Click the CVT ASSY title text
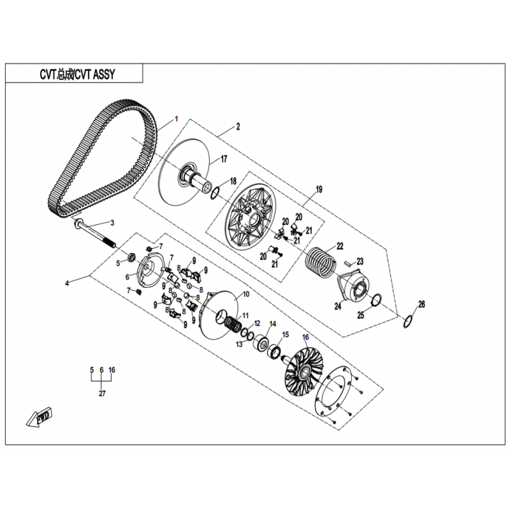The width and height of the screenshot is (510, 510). tap(77, 75)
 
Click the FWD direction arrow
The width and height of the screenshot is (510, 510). tap(39, 417)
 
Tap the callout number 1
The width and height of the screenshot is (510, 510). tap(177, 119)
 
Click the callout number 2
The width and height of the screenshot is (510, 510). tap(238, 126)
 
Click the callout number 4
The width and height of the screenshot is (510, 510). tap(67, 283)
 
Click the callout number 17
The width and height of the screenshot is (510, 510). tap(224, 159)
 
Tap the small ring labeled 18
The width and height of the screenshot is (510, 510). tap(215, 193)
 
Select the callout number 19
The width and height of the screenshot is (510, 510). tap(319, 189)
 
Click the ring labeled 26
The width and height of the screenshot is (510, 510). tap(408, 322)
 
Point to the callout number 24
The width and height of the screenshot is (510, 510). tap(338, 306)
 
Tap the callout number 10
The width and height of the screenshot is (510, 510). tap(246, 295)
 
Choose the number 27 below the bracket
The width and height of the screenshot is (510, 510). tap(102, 393)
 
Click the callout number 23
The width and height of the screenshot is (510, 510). tap(360, 261)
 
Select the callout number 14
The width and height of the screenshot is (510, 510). tap(273, 324)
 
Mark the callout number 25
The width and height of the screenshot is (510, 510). tap(360, 315)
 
